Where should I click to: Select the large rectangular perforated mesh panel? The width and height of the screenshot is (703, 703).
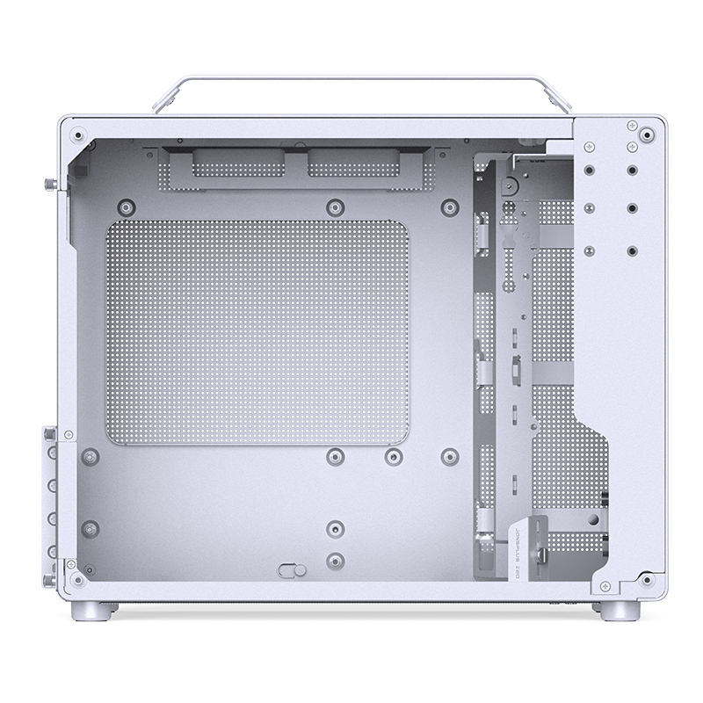tap(257, 332)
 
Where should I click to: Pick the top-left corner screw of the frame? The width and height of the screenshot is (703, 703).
tap(80, 136)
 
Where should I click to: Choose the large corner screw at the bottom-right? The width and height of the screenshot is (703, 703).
tap(647, 580)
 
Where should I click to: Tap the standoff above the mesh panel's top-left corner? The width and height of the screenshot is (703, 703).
tap(127, 207)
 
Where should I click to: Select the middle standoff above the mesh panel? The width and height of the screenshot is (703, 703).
tap(334, 207)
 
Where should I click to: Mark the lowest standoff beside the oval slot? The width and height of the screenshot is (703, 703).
tap(334, 559)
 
